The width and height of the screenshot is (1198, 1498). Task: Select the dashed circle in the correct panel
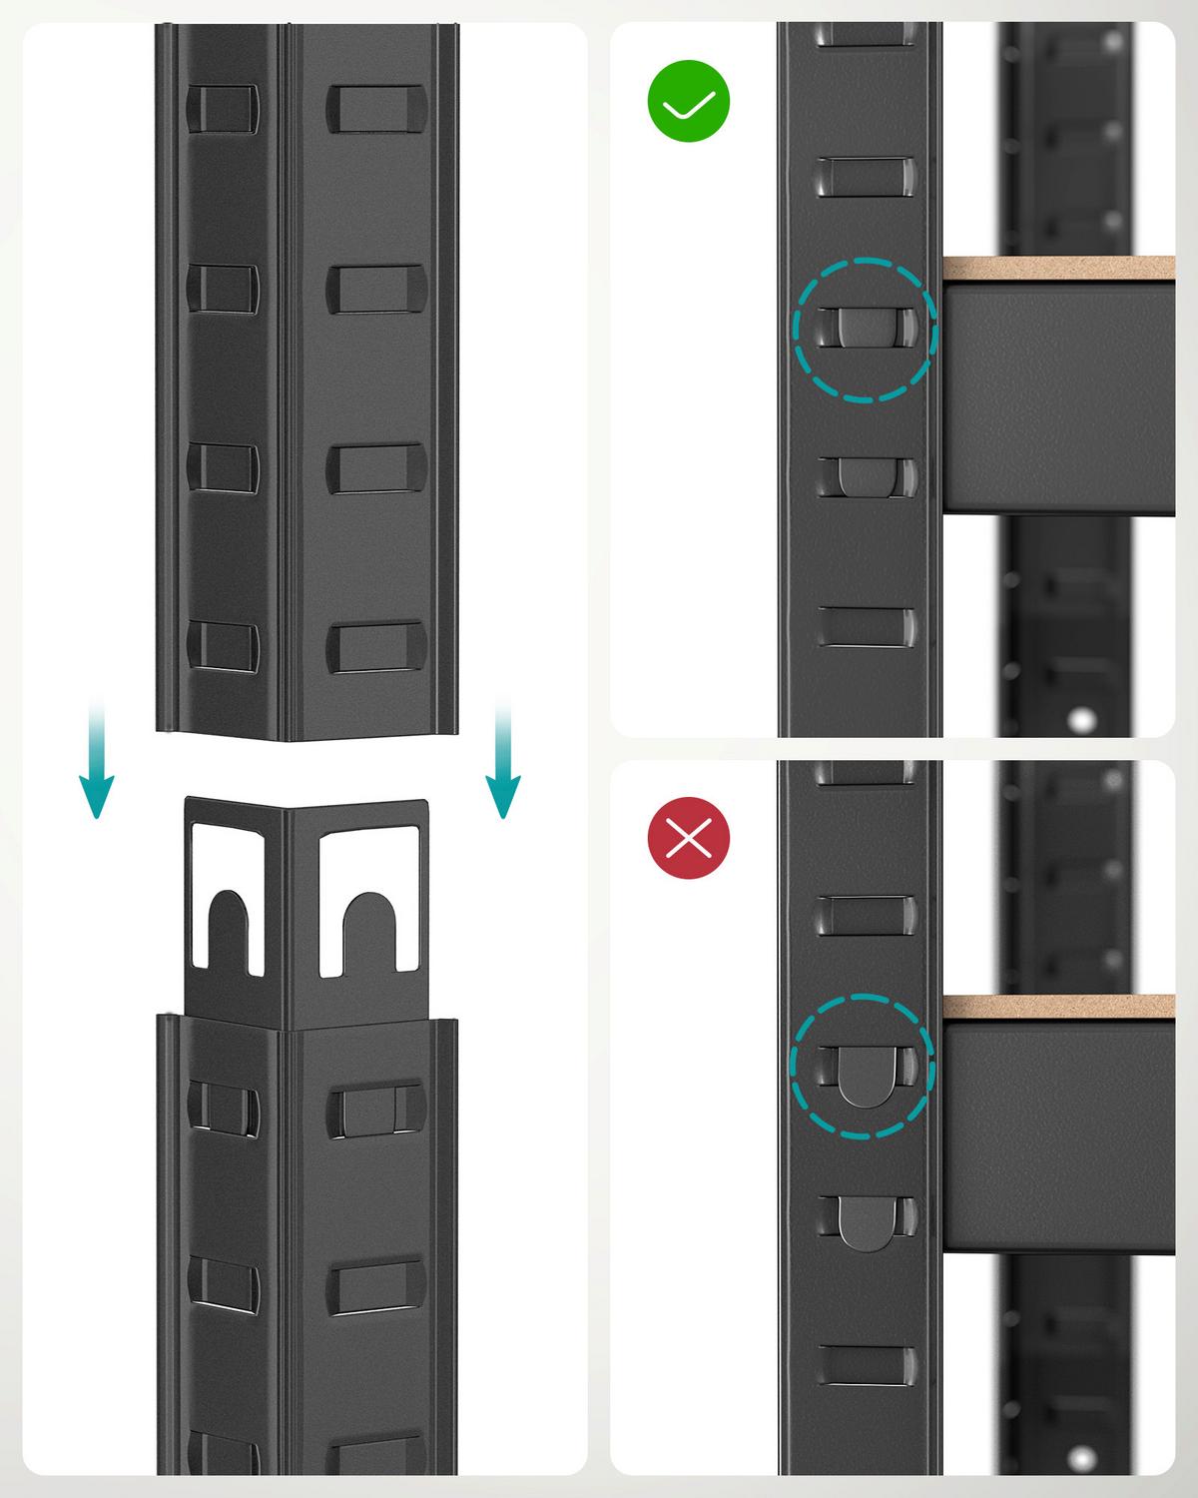pyautogui.click(x=865, y=330)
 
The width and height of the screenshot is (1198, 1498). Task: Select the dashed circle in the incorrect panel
pyautogui.click(x=862, y=1066)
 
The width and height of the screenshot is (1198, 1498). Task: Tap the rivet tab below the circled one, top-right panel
pyautogui.click(x=865, y=476)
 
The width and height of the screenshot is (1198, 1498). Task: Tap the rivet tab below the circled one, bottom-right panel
pyautogui.click(x=865, y=1223)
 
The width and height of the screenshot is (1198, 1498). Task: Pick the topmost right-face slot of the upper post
pyautogui.click(x=376, y=108)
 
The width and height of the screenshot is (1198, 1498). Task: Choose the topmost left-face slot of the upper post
pyautogui.click(x=222, y=108)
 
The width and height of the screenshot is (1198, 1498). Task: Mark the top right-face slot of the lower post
pyautogui.click(x=376, y=1111)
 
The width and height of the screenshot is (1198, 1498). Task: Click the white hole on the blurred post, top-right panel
pyautogui.click(x=1078, y=717)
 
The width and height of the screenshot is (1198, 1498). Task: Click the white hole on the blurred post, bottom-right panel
pyautogui.click(x=1080, y=1454)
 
